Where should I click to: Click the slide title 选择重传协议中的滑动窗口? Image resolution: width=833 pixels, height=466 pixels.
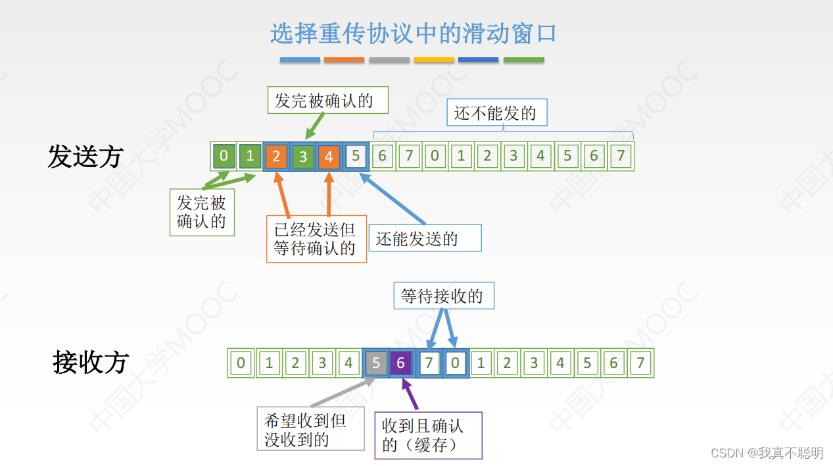click(414, 33)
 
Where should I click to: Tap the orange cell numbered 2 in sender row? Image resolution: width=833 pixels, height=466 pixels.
click(276, 157)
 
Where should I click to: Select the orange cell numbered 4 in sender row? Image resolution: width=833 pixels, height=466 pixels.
click(329, 157)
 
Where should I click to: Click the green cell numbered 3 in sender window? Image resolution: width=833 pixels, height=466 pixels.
click(303, 157)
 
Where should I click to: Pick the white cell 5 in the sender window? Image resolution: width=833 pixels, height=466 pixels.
click(356, 157)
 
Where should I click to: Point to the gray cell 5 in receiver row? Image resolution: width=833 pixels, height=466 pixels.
click(375, 363)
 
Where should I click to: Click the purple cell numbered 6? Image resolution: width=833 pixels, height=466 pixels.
click(401, 363)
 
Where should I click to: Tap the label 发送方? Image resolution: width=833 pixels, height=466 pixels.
click(85, 157)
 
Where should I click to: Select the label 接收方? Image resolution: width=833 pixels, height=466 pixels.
click(91, 363)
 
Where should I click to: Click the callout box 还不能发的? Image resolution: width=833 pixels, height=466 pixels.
click(495, 113)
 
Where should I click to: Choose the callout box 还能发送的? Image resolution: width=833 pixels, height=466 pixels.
click(425, 238)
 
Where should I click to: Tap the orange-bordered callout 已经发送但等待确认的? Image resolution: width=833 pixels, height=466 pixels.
click(316, 239)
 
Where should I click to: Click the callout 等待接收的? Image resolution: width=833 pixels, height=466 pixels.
click(443, 296)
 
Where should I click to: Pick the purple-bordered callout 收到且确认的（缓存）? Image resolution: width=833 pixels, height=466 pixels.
click(428, 435)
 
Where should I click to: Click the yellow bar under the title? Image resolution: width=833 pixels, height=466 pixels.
click(434, 60)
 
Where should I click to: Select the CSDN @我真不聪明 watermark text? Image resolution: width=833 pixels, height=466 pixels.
click(767, 453)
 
